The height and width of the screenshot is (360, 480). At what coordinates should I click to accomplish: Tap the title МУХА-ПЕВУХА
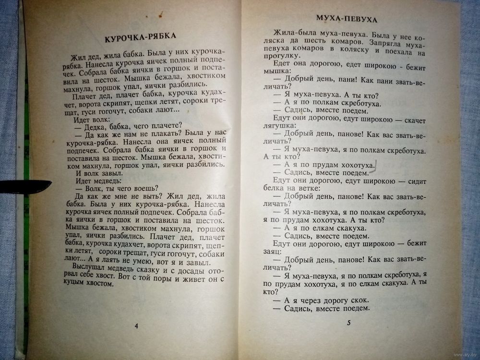346,19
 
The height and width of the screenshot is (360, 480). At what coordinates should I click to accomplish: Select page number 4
136,326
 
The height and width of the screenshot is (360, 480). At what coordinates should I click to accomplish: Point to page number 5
348,322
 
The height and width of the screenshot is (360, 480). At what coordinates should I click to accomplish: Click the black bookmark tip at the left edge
29,184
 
